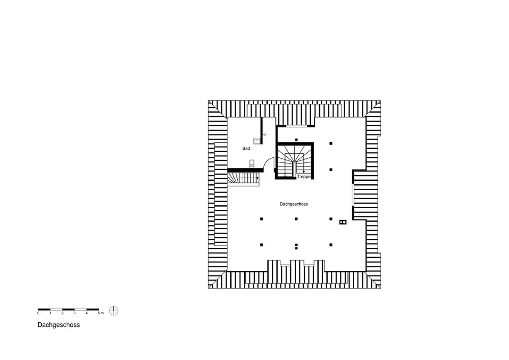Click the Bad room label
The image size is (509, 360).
pyautogui.click(x=246, y=148)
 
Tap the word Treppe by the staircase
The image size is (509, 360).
pyautogui.click(x=303, y=177)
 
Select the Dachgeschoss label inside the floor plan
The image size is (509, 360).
pyautogui.click(x=294, y=204)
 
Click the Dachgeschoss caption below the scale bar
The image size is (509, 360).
pyautogui.click(x=59, y=325)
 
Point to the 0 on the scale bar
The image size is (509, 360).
pyautogui.click(x=38, y=313)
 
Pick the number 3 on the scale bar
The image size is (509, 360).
pyautogui.click(x=74, y=313)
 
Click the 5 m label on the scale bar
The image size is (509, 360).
pyautogui.click(x=101, y=313)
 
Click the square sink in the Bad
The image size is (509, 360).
pyautogui.click(x=257, y=141)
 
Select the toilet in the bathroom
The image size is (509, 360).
pyautogui.click(x=251, y=163)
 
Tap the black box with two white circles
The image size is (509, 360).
pyautogui.click(x=343, y=222)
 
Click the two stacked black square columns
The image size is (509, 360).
pyautogui.click(x=296, y=246)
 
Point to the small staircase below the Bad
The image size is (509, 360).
pyautogui.click(x=243, y=179)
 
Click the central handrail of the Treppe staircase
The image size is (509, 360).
pyautogui.click(x=294, y=169)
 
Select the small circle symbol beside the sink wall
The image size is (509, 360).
pyautogui.click(x=265, y=135)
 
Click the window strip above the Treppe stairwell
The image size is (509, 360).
pyautogui.click(x=296, y=126)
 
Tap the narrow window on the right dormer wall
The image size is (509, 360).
pyautogui.click(x=353, y=195)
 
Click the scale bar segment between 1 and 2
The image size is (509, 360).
pyautogui.click(x=56, y=310)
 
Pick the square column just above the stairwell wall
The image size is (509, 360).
pyautogui.click(x=296, y=140)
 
